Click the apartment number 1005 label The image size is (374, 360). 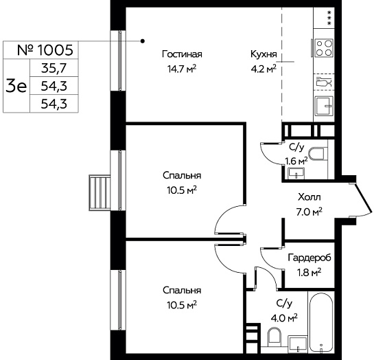click(x=45, y=50)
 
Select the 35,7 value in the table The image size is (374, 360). click(x=54, y=69)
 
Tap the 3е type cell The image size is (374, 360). click(x=16, y=86)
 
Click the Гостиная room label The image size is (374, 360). click(x=182, y=54)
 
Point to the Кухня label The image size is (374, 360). click(x=264, y=54)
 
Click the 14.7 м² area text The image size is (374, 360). click(x=182, y=69)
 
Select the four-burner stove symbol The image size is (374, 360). click(x=324, y=48)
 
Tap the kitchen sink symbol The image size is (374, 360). click(x=324, y=106)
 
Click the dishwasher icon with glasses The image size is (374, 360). click(x=324, y=82)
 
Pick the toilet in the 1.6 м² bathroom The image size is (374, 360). click(x=318, y=154)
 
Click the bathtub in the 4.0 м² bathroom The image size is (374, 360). click(x=321, y=324)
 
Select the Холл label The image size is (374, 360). click(x=309, y=197)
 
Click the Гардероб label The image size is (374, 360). click(x=309, y=258)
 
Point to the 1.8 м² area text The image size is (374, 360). click(x=309, y=272)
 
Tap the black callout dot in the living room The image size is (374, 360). click(x=143, y=41)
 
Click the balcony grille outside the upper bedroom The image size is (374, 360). click(x=100, y=192)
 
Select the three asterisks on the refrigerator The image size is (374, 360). click(x=329, y=18)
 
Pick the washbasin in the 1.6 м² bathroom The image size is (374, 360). click(x=296, y=173)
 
